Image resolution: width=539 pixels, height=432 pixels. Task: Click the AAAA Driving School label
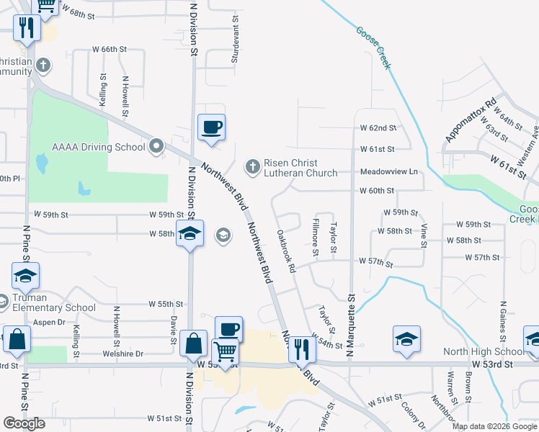coord(99,148)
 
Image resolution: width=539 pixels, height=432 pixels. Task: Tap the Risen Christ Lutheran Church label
coord(300,168)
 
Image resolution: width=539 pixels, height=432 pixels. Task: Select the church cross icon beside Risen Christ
coord(252,167)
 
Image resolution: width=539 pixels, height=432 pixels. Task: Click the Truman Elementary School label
coord(54,302)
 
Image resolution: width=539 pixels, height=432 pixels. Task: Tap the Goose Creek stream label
coord(373,48)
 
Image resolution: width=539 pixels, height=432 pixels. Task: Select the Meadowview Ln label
coord(388,172)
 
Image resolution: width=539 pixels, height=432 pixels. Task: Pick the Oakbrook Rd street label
coord(286,251)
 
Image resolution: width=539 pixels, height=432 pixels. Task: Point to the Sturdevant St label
coord(235,43)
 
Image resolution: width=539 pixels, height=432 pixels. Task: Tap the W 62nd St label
coord(378,128)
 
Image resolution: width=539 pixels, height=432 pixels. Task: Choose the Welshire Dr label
coord(123,354)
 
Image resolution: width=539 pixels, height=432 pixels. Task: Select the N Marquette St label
coord(352,324)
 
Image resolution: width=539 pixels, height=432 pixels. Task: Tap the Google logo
coord(24,423)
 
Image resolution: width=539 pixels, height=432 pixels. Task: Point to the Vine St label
coord(424,235)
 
